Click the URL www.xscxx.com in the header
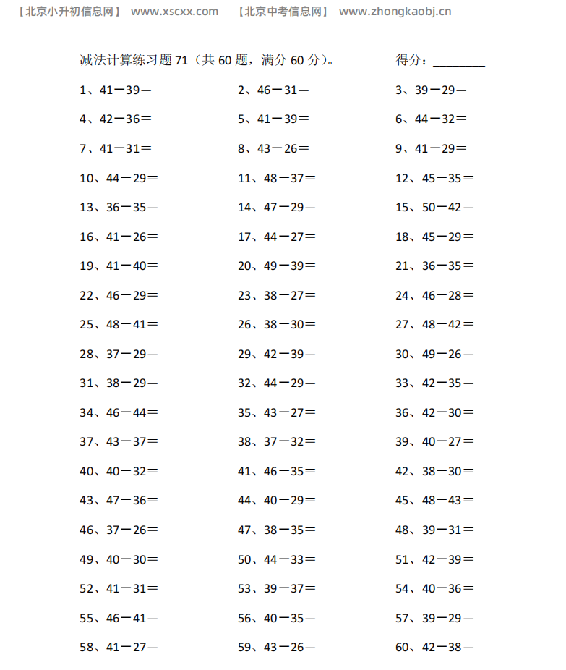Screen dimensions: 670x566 pyautogui.click(x=175, y=12)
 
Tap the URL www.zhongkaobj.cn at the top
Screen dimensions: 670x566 pyautogui.click(x=395, y=12)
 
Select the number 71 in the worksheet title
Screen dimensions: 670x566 pyautogui.click(x=181, y=61)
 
